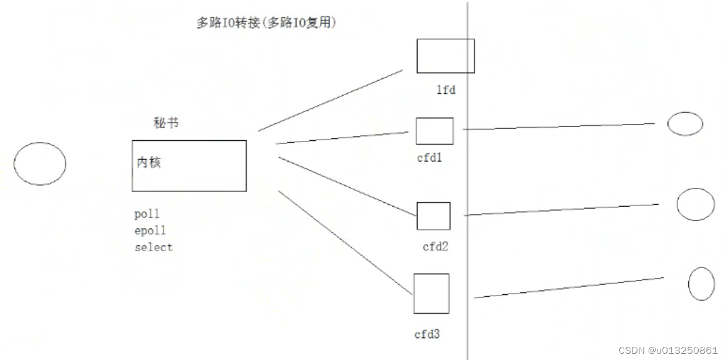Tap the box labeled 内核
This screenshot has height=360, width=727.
coord(188,165)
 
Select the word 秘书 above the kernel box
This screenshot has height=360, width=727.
coord(165,123)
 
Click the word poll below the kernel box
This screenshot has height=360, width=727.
coord(147,215)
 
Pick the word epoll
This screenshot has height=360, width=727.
coord(150,231)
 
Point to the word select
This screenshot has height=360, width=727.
coord(153,247)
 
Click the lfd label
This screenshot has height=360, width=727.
coord(446,90)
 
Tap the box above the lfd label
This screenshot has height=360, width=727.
coord(445,56)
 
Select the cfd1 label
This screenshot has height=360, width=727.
coord(430,158)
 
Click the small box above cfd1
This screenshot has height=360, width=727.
coord(435,131)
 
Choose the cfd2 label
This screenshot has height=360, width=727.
coord(435,247)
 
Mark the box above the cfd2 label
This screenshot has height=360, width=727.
coord(433,216)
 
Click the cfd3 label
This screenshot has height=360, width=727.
coord(427,334)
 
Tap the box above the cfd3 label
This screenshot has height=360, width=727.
coord(431,294)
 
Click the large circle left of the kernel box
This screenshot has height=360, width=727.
coord(39,163)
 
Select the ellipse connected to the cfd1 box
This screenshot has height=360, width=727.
coord(685,123)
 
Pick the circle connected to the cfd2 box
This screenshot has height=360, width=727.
coord(695,204)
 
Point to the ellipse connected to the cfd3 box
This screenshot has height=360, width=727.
coord(701,284)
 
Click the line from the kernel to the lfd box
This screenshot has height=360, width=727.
coord(330,100)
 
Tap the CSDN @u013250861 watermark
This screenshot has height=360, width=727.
coord(668,350)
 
